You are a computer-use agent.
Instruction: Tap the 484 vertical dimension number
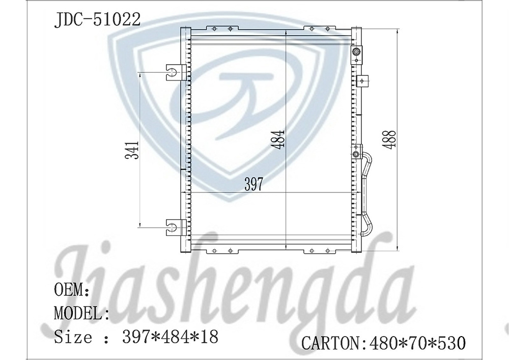[278, 139]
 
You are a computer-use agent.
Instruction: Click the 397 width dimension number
[253, 184]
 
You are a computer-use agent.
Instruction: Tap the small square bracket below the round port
[362, 80]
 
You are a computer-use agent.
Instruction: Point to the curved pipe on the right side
[367, 193]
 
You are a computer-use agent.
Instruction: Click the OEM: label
[71, 290]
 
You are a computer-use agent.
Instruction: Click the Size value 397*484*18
[170, 336]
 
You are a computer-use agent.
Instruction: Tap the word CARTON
[330, 343]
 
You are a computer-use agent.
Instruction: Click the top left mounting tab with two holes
[222, 29]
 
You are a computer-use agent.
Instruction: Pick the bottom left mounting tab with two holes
[222, 251]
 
